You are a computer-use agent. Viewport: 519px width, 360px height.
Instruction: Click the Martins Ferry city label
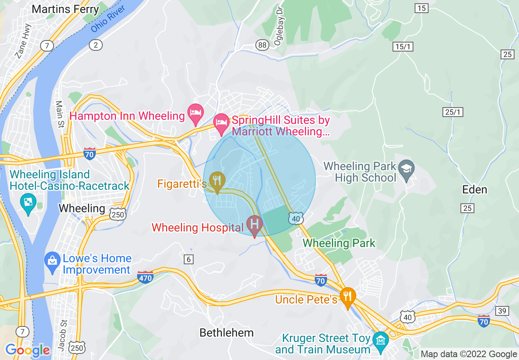tap(65, 9)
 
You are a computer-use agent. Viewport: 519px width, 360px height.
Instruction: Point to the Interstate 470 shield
tap(145, 277)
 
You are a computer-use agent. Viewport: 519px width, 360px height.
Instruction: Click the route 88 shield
tap(262, 45)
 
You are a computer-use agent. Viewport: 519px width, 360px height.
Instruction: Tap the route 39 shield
tap(503, 311)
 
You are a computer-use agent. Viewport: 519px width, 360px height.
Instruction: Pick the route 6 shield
tap(189, 259)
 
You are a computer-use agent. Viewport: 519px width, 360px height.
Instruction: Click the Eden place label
tap(475, 190)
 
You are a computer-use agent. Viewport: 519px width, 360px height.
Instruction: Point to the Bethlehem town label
tap(226, 333)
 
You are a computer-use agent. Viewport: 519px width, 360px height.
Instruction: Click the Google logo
tap(27, 350)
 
